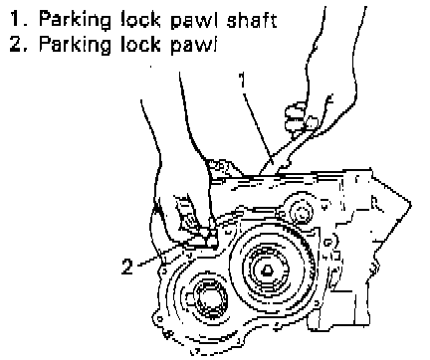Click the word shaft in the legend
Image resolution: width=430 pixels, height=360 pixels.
click(252, 20)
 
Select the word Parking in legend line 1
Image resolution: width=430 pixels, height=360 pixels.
click(75, 21)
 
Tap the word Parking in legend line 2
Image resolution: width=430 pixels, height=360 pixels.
click(75, 44)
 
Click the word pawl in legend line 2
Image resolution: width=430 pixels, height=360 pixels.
click(193, 45)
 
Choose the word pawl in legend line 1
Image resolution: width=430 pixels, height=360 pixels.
click(193, 21)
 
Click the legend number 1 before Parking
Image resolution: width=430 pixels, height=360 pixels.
click(17, 19)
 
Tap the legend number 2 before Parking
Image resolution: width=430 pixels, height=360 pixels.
click(17, 43)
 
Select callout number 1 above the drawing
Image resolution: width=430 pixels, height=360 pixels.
click(243, 80)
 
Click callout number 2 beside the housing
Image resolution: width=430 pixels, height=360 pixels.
click(127, 267)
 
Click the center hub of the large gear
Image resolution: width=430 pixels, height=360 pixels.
click(267, 271)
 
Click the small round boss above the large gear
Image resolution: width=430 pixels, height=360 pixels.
click(302, 212)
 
